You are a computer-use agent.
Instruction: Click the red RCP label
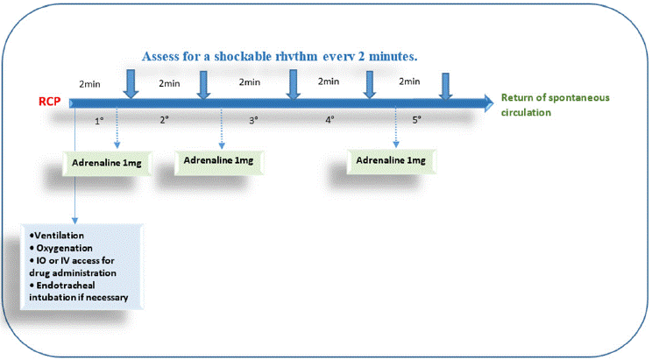49,102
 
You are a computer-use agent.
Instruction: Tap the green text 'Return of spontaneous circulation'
555,105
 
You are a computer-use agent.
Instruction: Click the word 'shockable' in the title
243,57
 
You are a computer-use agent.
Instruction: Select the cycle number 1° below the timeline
99,121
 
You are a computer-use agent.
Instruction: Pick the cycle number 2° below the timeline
165,120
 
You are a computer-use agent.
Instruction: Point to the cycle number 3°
253,120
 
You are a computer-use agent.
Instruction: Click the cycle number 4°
330,120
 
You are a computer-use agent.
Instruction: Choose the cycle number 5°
416,120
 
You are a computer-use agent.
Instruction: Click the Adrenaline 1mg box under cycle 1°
106,163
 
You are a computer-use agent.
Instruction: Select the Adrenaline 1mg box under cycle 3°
219,161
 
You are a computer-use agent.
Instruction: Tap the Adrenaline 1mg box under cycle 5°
391,160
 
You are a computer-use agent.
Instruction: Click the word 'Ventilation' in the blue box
59,236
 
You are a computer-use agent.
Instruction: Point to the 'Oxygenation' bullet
61,248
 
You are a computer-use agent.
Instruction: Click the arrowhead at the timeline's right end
488,102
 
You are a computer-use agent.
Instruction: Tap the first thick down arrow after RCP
131,84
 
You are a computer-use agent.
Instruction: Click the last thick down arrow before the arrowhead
446,87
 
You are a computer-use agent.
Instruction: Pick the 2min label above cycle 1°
89,84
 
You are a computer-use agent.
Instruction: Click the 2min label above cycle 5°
409,81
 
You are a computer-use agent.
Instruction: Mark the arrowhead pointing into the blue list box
74,220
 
